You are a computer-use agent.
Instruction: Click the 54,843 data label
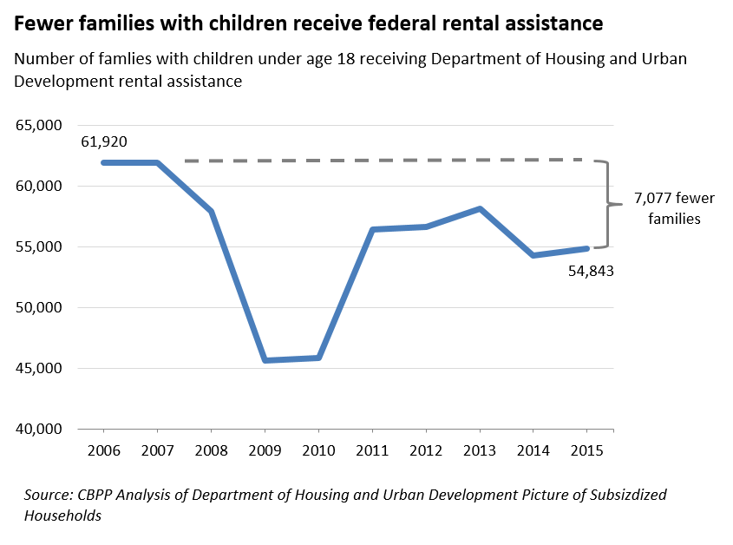[591, 270]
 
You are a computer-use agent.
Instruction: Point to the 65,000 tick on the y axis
[39, 126]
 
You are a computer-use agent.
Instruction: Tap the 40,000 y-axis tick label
[39, 430]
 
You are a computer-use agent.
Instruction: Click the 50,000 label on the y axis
[39, 308]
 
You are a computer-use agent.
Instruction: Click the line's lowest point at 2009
[265, 360]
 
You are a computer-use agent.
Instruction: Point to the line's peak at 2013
[480, 208]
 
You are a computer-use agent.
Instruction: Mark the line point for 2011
[372, 229]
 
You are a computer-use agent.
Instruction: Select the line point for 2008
[211, 211]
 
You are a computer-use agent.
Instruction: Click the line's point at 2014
[533, 255]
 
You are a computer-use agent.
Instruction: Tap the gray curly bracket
[610, 205]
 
